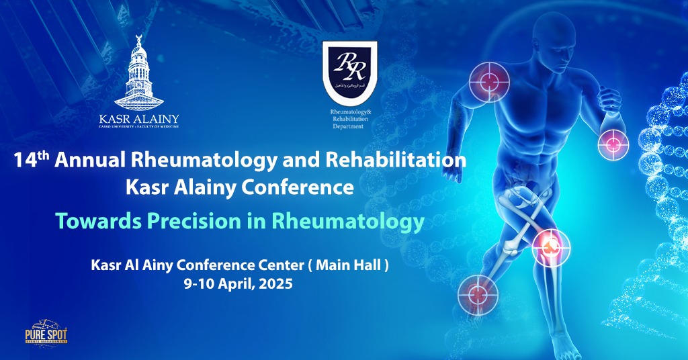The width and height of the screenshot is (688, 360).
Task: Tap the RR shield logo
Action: coord(349,68)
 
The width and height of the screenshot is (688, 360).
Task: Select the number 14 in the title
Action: coord(26,162)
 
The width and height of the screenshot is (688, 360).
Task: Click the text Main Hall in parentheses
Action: coord(349,266)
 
